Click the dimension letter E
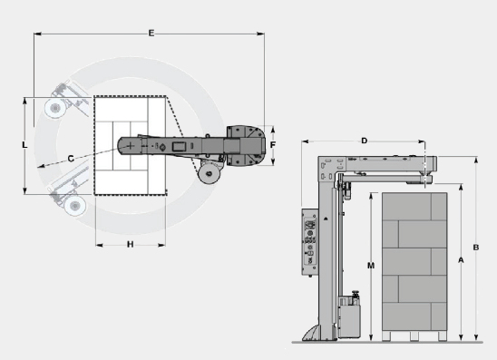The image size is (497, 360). [x=151, y=33]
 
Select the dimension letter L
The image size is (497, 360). [x=24, y=145]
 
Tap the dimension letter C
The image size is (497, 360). [x=71, y=159]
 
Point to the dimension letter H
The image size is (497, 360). [x=130, y=244]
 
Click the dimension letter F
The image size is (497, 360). [x=273, y=145]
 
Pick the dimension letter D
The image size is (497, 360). [x=365, y=141]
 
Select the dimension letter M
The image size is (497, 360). [x=371, y=266]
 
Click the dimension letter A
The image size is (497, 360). [x=461, y=260]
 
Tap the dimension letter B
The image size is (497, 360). [x=476, y=248]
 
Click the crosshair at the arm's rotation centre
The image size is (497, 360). [x=131, y=146]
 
